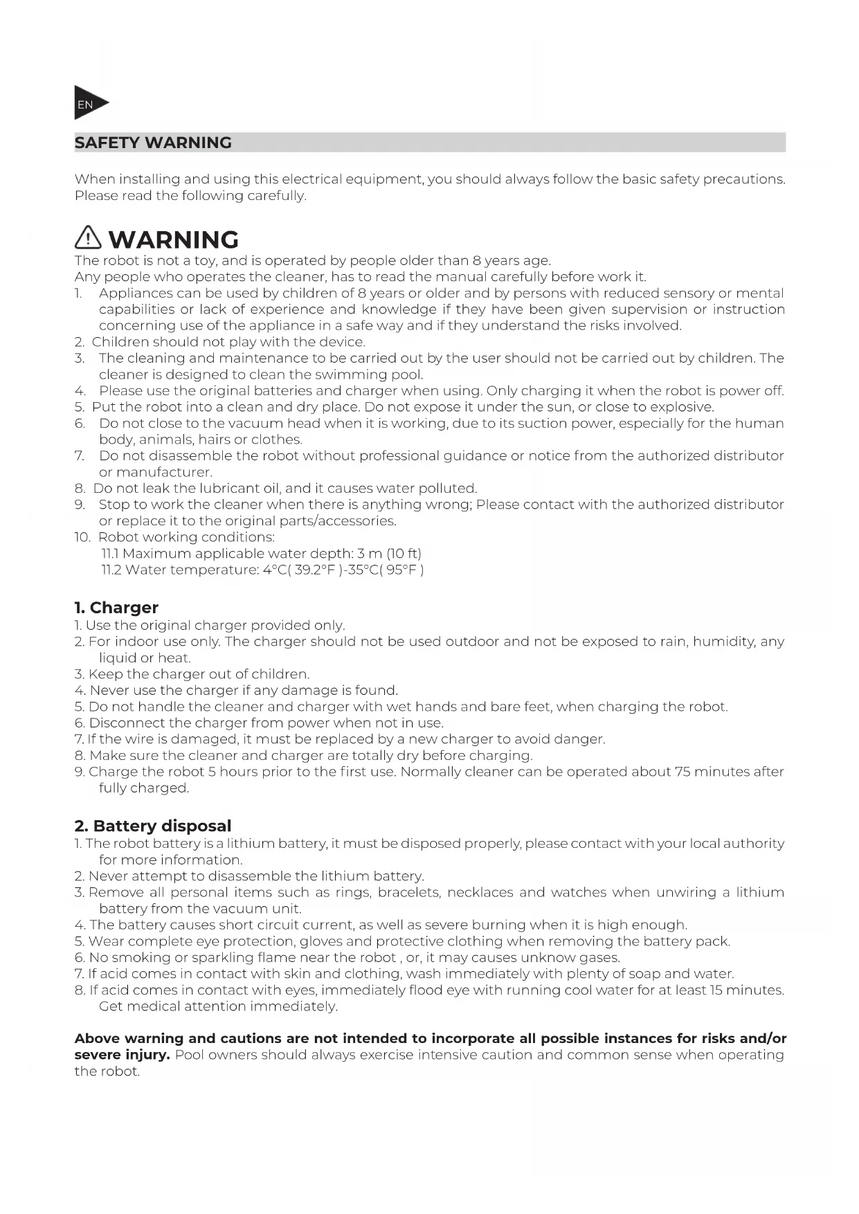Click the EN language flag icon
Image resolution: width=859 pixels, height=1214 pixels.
[89, 104]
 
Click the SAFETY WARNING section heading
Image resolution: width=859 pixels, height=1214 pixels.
[153, 143]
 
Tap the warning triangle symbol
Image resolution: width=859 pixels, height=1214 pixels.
[88, 238]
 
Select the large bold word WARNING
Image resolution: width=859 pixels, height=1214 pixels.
[174, 239]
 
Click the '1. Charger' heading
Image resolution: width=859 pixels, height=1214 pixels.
[116, 607]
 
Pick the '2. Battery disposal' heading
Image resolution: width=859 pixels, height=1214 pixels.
[153, 825]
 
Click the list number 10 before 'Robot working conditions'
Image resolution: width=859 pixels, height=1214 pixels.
[82, 537]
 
